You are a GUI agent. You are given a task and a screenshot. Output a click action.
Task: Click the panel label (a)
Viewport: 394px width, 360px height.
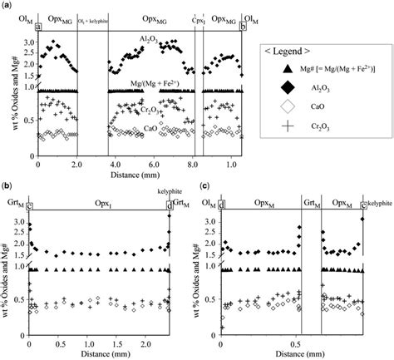click(7, 6)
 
